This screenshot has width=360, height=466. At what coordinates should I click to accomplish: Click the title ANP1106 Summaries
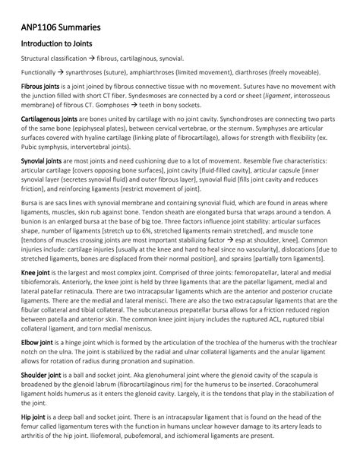(x=68, y=27)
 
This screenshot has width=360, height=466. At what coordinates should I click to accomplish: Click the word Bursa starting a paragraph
(x=30, y=204)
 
